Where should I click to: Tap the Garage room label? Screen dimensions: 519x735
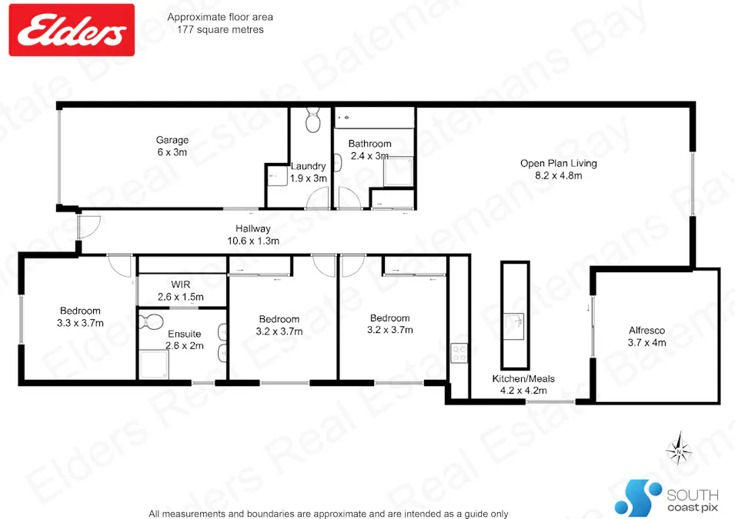point(172,146)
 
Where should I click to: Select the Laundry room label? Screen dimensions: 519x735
point(309,172)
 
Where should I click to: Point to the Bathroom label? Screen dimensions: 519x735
point(369,149)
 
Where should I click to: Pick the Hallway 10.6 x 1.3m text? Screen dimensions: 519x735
point(252,235)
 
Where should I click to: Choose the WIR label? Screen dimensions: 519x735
point(180,291)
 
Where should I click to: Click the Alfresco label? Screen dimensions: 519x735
point(646,336)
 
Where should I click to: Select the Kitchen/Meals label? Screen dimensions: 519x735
point(523,384)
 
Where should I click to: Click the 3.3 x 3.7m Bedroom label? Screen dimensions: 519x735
point(79,317)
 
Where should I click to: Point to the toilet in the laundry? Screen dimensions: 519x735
point(312,121)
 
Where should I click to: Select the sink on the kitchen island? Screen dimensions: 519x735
point(515,321)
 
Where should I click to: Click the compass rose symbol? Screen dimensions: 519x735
point(677,448)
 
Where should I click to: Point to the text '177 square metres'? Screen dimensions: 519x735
point(219,29)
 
